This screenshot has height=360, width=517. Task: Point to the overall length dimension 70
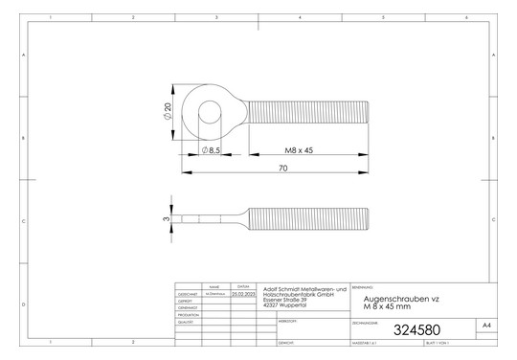pyautogui.click(x=283, y=169)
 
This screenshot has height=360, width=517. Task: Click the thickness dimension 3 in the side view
pyautogui.click(x=166, y=219)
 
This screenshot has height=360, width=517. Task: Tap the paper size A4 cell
pyautogui.click(x=487, y=326)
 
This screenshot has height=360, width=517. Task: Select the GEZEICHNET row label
pyautogui.click(x=188, y=294)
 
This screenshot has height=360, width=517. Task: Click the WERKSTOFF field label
pyautogui.click(x=288, y=321)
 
